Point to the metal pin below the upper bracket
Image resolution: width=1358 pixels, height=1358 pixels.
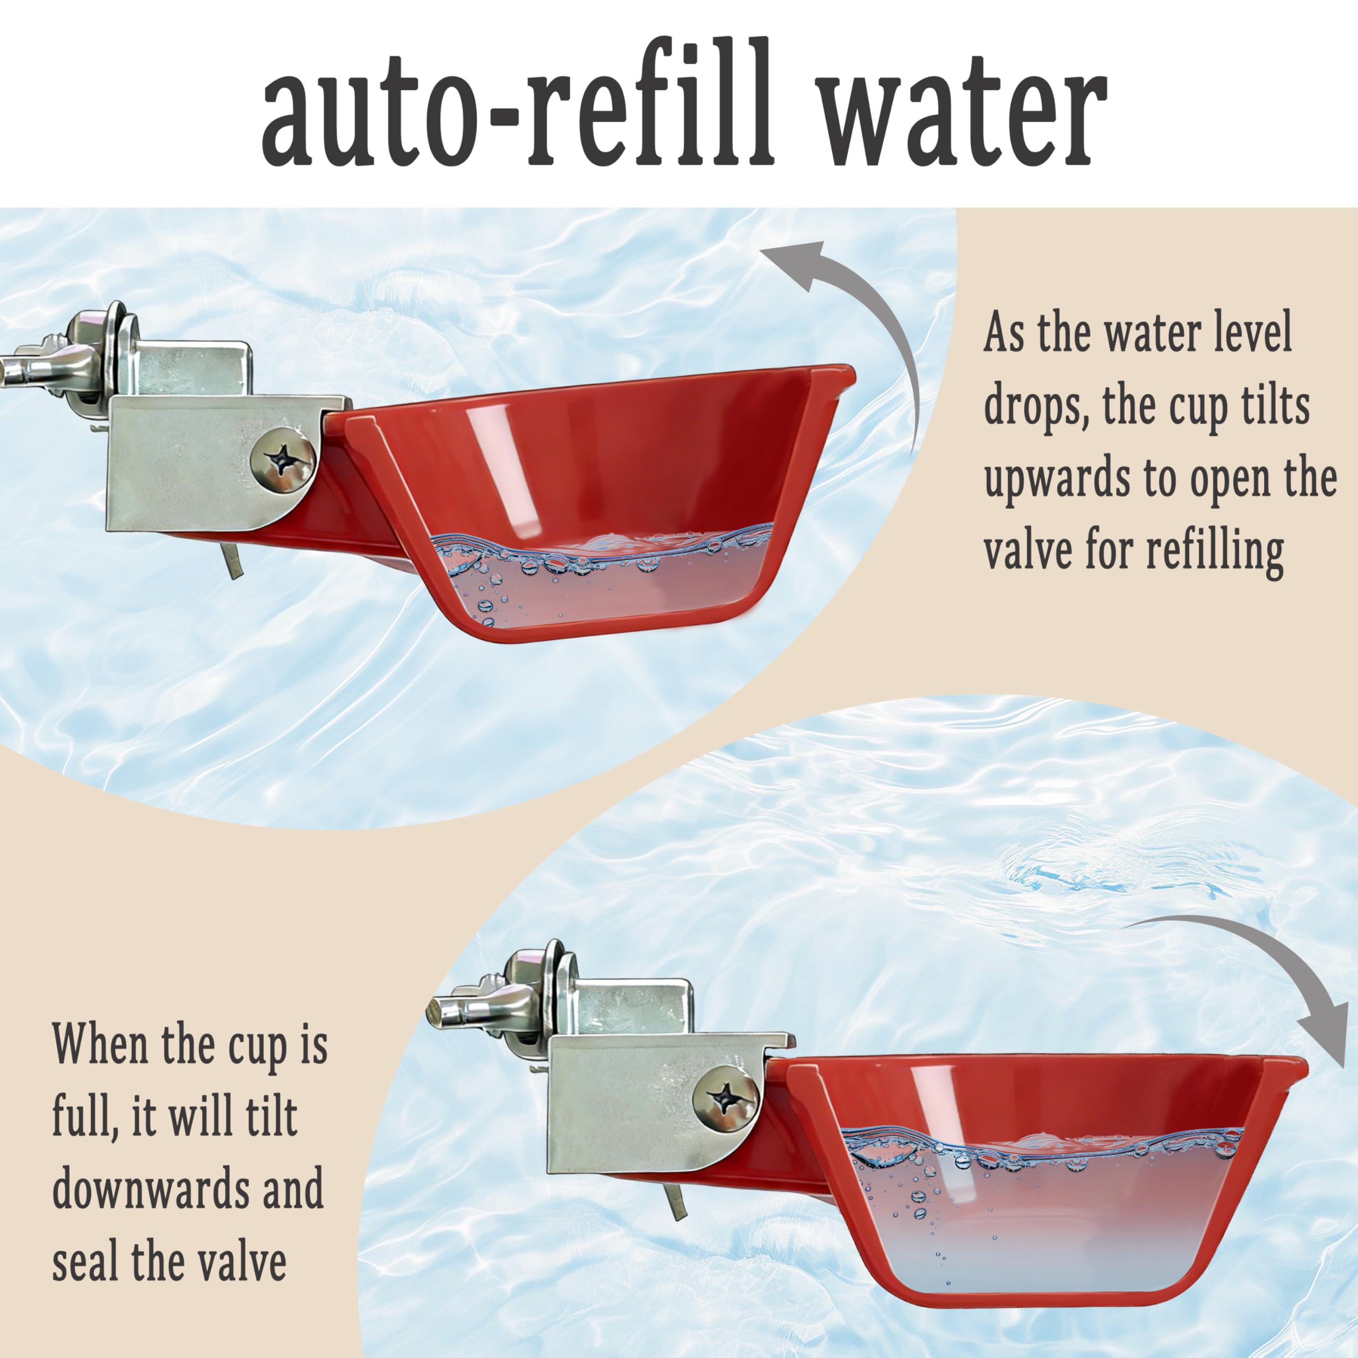pyautogui.click(x=232, y=562)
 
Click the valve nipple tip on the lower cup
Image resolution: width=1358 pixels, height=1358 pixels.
pyautogui.click(x=436, y=1013)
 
